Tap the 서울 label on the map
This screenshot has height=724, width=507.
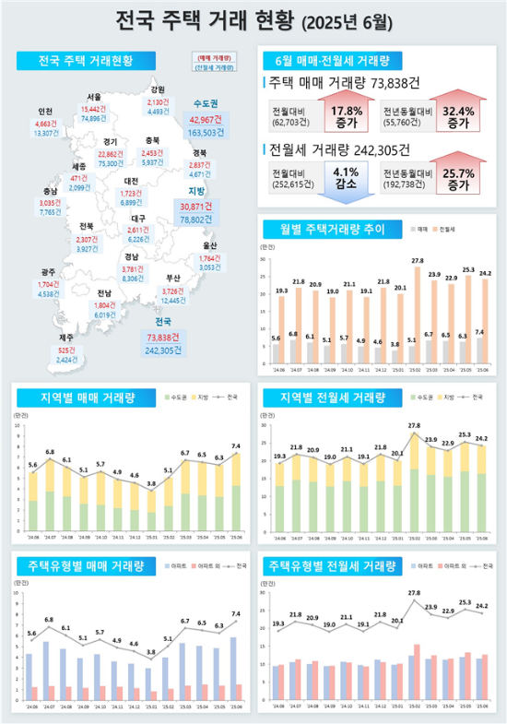click(x=94, y=96)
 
